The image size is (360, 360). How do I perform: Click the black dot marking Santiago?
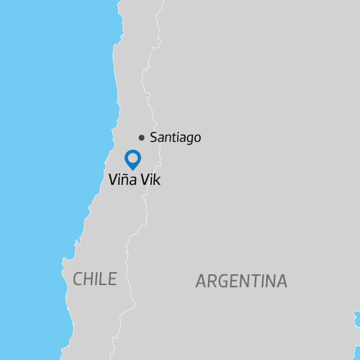(x=142, y=138)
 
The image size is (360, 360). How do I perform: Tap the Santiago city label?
(x=175, y=138)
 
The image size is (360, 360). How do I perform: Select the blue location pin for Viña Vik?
(x=132, y=159)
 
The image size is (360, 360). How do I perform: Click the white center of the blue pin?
(x=132, y=157)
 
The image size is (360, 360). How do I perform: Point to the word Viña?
(x=120, y=180)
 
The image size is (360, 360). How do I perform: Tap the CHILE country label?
(x=94, y=279)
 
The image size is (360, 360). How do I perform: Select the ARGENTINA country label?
(x=241, y=282)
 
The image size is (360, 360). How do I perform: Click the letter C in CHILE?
(x=78, y=279)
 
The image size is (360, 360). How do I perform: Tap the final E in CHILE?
(x=112, y=279)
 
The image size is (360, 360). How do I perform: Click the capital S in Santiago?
(x=153, y=138)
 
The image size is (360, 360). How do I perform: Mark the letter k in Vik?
(x=157, y=180)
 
